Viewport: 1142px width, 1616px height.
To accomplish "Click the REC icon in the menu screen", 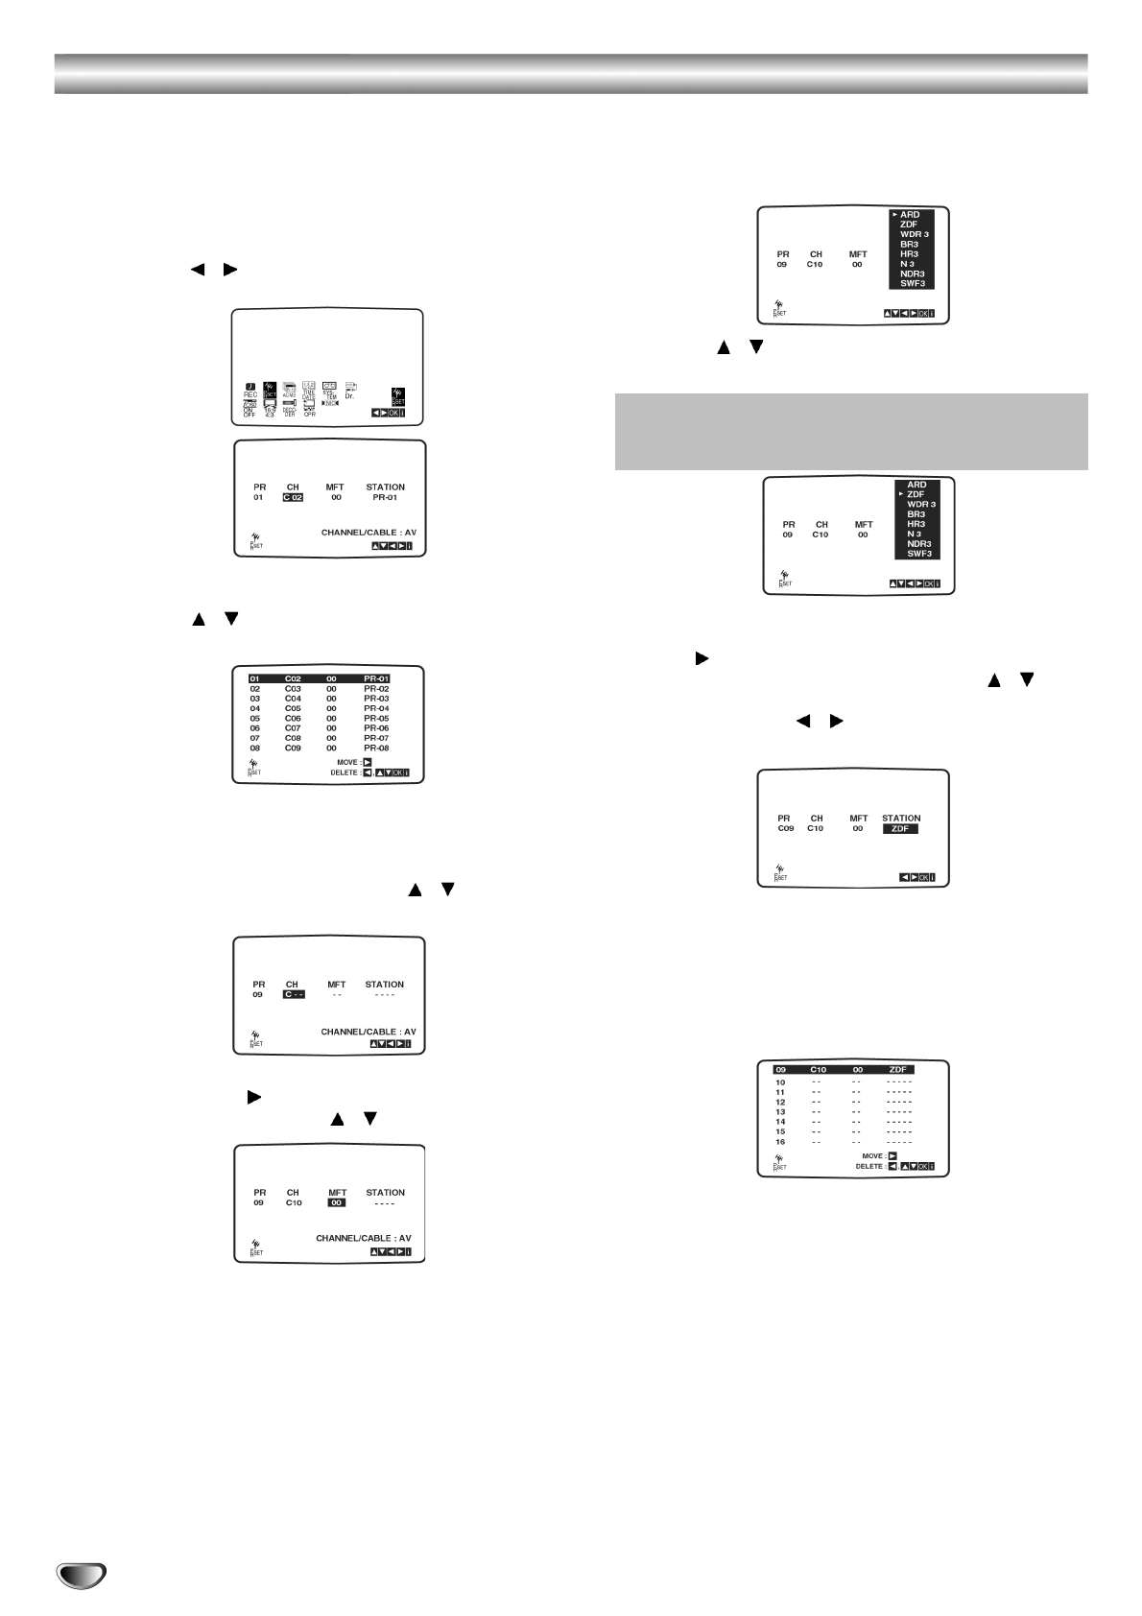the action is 250,389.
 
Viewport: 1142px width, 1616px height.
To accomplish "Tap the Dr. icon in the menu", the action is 350,390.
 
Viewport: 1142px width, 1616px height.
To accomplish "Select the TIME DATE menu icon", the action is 309,389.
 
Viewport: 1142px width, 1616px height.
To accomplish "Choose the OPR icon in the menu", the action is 309,408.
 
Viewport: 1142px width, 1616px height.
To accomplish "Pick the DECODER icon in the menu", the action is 289,408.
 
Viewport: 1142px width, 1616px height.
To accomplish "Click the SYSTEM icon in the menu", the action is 329,389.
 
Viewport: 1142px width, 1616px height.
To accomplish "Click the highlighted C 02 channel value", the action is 293,498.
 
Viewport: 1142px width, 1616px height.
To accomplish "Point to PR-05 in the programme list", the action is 376,718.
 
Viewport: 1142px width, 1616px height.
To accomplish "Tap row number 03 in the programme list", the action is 255,699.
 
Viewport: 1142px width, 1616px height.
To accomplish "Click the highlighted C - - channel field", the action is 293,995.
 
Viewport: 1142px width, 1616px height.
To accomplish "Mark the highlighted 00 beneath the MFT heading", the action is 336,1202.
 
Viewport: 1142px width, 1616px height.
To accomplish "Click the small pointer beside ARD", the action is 894,214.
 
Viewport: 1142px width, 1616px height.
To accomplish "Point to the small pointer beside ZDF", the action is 901,494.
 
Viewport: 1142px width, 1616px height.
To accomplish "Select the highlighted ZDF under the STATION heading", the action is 900,829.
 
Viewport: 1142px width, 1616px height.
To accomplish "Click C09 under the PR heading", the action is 785,829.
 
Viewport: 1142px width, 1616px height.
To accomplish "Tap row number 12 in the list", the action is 780,1102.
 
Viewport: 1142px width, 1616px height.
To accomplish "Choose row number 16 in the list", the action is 780,1142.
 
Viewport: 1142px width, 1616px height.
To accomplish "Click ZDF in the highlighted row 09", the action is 898,1069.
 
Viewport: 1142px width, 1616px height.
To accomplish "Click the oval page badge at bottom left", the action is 81,1575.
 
